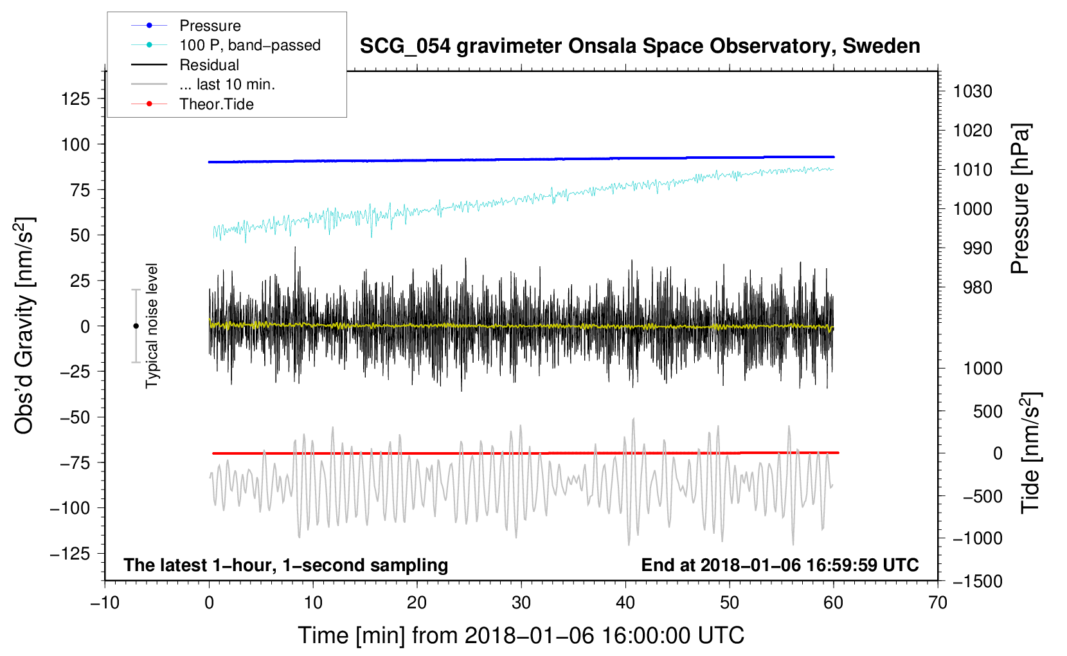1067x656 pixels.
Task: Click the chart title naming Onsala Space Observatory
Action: [x=640, y=46]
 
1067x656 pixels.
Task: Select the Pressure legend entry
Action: [x=210, y=26]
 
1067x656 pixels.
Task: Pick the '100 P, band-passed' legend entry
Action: [x=249, y=46]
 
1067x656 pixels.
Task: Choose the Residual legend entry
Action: [x=209, y=65]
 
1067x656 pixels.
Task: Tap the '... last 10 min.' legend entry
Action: [x=227, y=85]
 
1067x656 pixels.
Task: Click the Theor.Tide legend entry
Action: [x=216, y=104]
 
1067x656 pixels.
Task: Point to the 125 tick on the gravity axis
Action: [x=75, y=99]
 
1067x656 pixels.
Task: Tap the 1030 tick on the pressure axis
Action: [x=973, y=91]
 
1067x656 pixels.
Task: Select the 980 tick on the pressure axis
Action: [x=977, y=288]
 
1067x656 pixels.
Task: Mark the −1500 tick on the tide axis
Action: [x=977, y=581]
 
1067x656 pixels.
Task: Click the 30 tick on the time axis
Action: [x=521, y=603]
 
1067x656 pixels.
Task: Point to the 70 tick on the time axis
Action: [x=938, y=603]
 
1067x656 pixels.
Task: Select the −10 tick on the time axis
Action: [x=105, y=603]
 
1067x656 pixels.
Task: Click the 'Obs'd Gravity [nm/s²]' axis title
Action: [x=24, y=326]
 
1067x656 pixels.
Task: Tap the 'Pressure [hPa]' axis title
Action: [x=1020, y=199]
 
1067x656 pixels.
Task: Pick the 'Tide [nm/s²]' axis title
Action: [x=1030, y=453]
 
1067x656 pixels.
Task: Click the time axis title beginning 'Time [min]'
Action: [x=521, y=635]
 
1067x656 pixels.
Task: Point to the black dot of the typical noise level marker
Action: [x=136, y=326]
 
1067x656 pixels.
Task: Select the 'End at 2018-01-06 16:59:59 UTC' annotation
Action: [x=780, y=565]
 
